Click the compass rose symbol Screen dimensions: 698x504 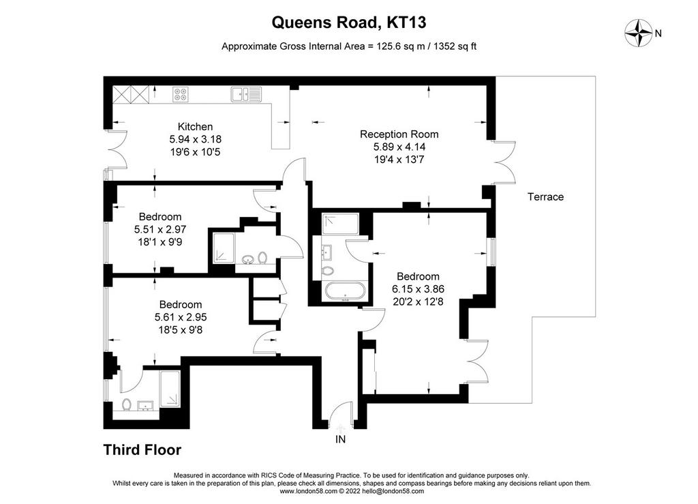click(x=639, y=33)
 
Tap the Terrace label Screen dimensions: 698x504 click(x=545, y=197)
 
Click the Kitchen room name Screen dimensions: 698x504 click(x=195, y=126)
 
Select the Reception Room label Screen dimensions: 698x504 click(x=399, y=134)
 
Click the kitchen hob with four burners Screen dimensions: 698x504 click(x=180, y=94)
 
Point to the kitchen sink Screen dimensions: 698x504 click(x=246, y=94)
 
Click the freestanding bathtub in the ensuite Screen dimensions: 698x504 click(x=346, y=292)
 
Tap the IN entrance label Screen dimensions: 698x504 click(x=340, y=439)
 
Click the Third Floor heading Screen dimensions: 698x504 click(x=142, y=449)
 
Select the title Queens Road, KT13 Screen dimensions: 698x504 click(x=349, y=23)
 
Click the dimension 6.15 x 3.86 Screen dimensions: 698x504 click(x=418, y=289)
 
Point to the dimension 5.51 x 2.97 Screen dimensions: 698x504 click(x=160, y=230)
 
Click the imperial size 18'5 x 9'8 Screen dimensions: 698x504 click(x=180, y=330)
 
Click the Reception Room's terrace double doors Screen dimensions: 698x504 click(x=504, y=163)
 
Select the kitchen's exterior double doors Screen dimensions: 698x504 click(x=117, y=149)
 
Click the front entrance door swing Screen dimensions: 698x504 click(x=341, y=412)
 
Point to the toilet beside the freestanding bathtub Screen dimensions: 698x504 click(x=329, y=271)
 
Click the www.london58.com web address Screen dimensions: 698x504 click(x=308, y=491)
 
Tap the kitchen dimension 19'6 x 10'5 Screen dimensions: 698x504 click(x=195, y=152)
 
